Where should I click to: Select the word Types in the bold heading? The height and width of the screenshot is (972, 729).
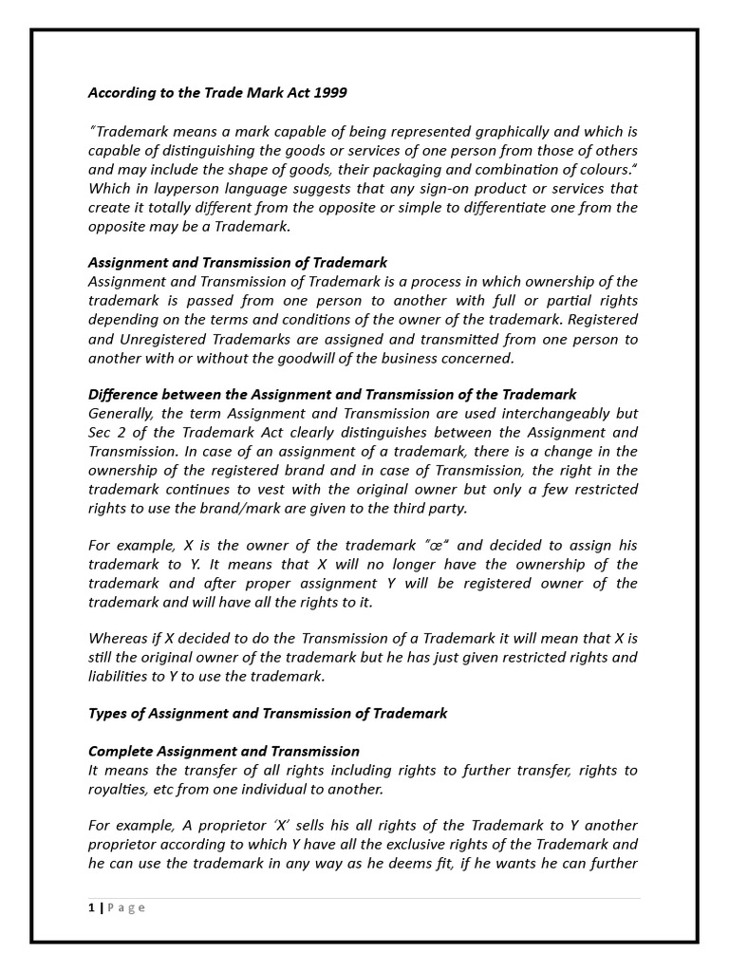click(x=108, y=713)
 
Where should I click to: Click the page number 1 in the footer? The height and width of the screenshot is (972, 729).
click(x=92, y=907)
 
